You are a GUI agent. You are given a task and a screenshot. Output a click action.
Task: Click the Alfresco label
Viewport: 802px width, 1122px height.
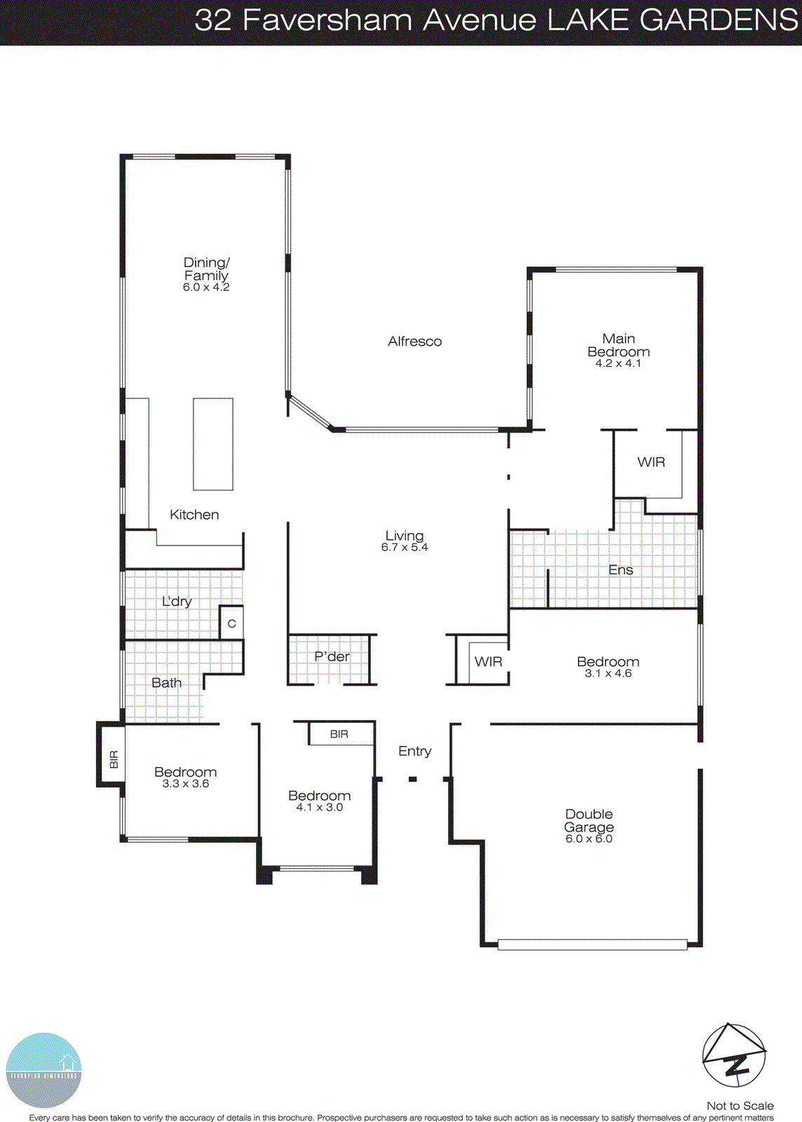[x=414, y=342]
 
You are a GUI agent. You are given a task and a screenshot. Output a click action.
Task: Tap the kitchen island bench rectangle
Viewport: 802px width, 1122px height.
[x=213, y=444]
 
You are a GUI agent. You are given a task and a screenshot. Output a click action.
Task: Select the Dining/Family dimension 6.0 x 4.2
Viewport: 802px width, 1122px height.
[x=206, y=288]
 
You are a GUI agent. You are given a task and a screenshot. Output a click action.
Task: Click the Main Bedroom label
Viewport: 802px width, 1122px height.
[x=618, y=345]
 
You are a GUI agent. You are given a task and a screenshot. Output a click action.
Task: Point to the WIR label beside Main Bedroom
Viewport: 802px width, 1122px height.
[x=651, y=462]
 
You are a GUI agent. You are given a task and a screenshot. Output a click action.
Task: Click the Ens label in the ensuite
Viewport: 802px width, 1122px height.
[x=620, y=570]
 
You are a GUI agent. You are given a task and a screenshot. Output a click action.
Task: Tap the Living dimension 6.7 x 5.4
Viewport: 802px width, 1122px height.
[x=405, y=548]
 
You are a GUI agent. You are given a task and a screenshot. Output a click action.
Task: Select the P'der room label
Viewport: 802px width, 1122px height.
[x=332, y=656]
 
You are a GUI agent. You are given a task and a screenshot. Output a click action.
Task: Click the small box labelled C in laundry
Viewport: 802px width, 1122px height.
[x=231, y=623]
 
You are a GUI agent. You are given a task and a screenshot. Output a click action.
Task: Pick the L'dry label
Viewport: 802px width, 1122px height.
[x=177, y=602]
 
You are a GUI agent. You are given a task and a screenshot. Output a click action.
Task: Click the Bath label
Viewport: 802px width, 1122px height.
[x=166, y=683]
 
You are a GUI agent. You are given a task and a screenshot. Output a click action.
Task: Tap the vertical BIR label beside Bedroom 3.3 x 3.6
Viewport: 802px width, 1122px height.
[x=114, y=759]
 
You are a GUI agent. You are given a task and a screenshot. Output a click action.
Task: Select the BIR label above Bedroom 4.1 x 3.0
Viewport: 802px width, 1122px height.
[x=339, y=734]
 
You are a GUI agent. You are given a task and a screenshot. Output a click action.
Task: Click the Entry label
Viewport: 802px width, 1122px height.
[x=414, y=751]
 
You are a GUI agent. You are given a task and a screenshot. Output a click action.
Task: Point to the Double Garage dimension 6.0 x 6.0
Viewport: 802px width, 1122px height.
[x=589, y=839]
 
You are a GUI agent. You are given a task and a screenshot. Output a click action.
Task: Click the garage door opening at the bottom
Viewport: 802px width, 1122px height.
[x=592, y=945]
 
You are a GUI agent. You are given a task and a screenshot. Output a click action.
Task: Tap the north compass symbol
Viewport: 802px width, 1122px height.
[x=734, y=1056]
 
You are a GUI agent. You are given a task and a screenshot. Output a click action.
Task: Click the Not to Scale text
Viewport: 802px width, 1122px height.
[x=740, y=1106]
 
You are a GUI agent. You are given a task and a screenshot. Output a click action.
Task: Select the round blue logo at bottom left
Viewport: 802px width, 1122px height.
[x=43, y=1070]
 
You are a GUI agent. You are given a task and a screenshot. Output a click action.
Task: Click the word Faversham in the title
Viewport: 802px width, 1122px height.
[x=328, y=20]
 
